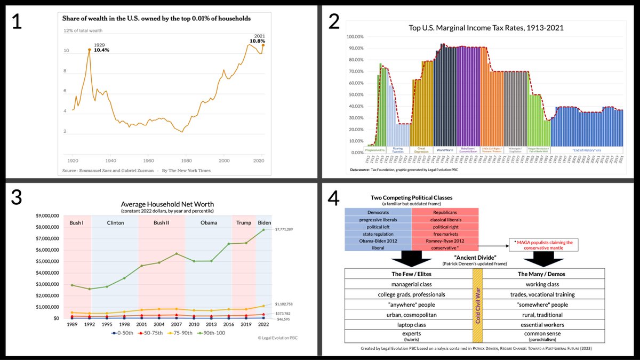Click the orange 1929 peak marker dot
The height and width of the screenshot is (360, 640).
coord(89,50)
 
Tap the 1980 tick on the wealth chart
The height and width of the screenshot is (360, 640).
coord(186,159)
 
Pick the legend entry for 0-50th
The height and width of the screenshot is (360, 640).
coord(124,333)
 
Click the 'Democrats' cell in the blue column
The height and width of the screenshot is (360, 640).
coord(378,212)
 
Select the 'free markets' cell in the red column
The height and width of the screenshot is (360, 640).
coord(445,233)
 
